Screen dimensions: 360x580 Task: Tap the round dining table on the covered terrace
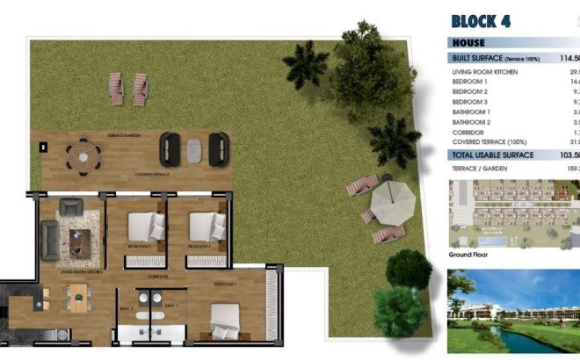(x=84, y=157)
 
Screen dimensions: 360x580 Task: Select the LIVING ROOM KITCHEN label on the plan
(x=82, y=273)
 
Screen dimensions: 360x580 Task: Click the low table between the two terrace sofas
(x=193, y=150)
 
